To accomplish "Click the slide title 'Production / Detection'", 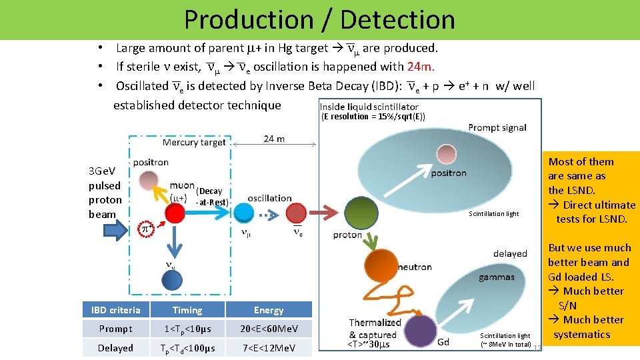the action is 319,20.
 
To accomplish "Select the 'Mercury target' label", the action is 194,143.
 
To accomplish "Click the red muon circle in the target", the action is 175,213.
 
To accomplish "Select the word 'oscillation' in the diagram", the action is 269,198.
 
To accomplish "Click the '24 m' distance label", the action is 274,139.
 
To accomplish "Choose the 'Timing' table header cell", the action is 187,310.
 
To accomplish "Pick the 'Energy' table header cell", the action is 269,310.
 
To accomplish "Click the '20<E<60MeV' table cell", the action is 269,329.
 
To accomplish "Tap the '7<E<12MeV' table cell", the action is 269,348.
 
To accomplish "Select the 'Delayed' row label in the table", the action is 116,348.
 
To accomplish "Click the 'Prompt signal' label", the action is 497,128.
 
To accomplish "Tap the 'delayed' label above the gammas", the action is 511,253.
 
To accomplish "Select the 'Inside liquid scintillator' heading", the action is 369,107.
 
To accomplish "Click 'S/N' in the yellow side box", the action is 568,305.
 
